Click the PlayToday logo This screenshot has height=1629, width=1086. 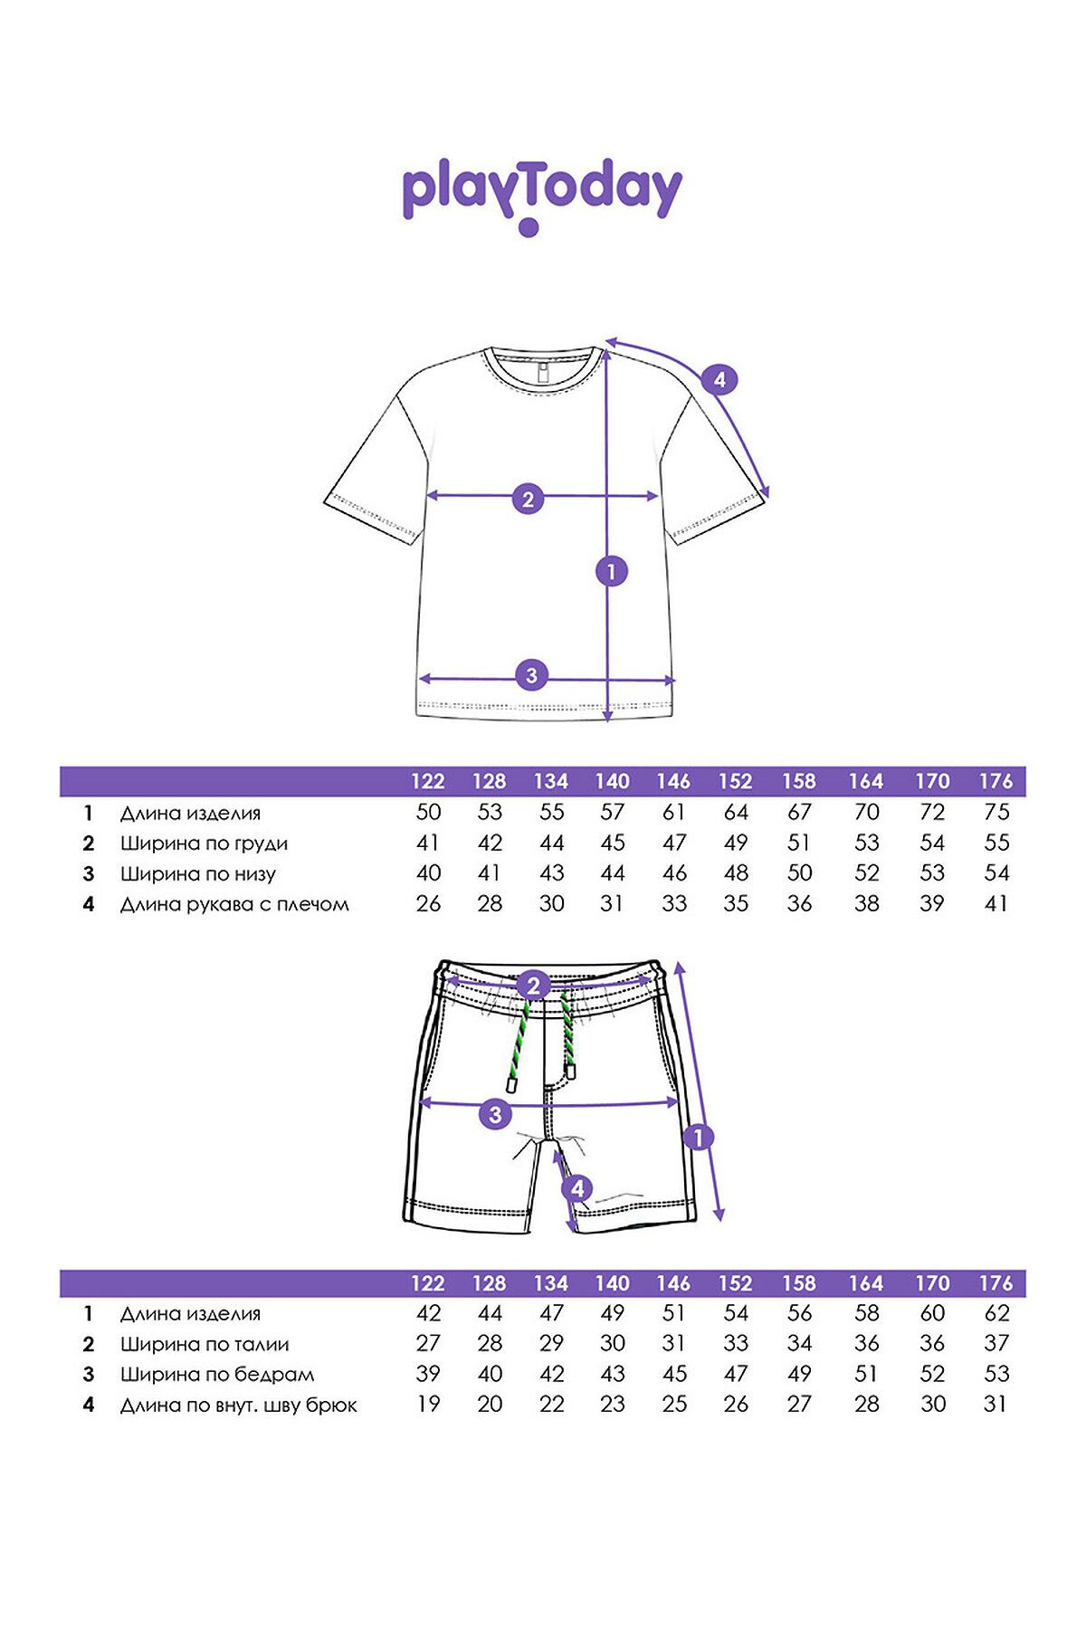(x=541, y=196)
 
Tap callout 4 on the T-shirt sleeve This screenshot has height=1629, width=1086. (x=719, y=379)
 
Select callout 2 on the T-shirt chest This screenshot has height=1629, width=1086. (x=529, y=499)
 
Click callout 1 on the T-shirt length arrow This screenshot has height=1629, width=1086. (x=612, y=571)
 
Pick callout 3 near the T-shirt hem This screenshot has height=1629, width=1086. (x=531, y=674)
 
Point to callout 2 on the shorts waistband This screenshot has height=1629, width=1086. (x=533, y=986)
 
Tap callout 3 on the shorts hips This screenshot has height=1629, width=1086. (x=495, y=1114)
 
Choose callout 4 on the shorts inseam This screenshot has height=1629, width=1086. (x=577, y=1189)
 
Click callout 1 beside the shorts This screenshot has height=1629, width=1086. (x=698, y=1138)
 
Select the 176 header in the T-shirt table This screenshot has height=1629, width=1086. (x=995, y=781)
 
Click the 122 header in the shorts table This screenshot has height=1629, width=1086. (x=428, y=1283)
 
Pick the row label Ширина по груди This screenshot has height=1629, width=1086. (x=204, y=843)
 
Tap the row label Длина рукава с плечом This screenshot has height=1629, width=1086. (x=234, y=904)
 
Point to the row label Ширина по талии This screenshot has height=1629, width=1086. (x=205, y=1345)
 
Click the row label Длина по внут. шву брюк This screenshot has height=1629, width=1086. (x=239, y=1405)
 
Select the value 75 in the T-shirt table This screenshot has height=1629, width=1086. (x=996, y=812)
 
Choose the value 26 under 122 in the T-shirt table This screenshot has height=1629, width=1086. (x=428, y=903)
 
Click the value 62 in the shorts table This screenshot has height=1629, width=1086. (x=996, y=1313)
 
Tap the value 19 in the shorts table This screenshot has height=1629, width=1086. (x=428, y=1404)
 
